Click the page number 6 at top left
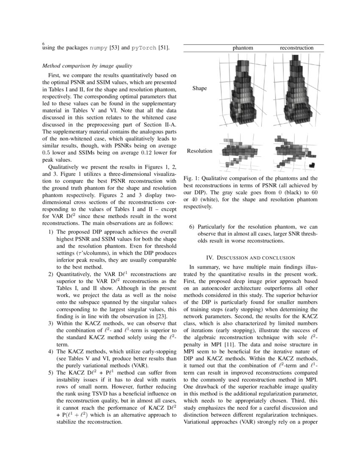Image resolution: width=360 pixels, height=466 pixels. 44,44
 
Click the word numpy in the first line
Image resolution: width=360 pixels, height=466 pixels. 99,48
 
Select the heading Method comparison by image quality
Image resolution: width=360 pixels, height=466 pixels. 87,66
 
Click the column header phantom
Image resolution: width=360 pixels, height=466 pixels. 243,48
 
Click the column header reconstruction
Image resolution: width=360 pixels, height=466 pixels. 296,48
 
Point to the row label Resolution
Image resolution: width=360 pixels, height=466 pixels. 199,151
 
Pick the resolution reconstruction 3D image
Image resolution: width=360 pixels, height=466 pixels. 296,151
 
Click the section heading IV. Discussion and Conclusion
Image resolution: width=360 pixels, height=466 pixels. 250,257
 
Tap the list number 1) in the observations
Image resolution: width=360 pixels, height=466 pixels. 50,232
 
